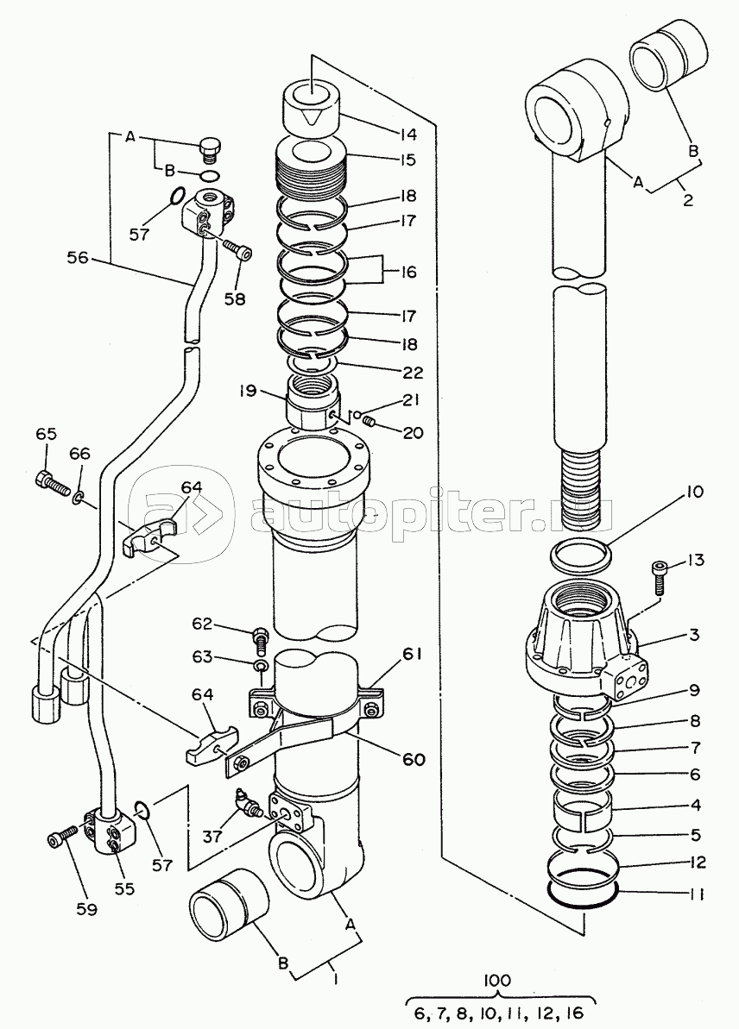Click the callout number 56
click(77, 258)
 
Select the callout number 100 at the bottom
click(498, 981)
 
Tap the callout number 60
click(414, 759)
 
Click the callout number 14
click(407, 135)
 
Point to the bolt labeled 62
click(260, 640)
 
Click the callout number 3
click(694, 635)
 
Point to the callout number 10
click(694, 491)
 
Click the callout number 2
click(688, 199)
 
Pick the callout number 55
click(124, 888)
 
